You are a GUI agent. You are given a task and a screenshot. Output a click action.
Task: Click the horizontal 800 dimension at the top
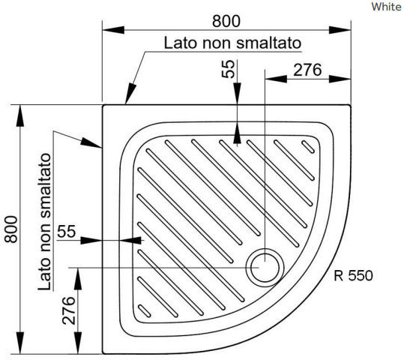pyautogui.click(x=226, y=22)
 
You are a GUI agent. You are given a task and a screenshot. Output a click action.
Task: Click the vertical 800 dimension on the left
pyautogui.click(x=11, y=229)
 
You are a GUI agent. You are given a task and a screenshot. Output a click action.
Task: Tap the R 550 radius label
pyautogui.click(x=353, y=275)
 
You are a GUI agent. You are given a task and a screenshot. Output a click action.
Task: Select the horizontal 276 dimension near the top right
pyautogui.click(x=307, y=70)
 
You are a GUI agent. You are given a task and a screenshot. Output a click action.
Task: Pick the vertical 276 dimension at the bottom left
pyautogui.click(x=69, y=310)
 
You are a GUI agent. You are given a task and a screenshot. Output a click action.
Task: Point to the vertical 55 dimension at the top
pyautogui.click(x=229, y=69)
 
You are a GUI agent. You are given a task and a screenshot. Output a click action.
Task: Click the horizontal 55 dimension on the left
pyautogui.click(x=67, y=231)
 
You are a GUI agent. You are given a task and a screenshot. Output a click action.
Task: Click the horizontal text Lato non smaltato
pyautogui.click(x=232, y=43)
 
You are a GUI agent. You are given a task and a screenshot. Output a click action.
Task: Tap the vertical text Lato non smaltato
pyautogui.click(x=44, y=222)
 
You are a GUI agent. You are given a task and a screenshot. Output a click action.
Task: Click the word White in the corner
pyautogui.click(x=386, y=7)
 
